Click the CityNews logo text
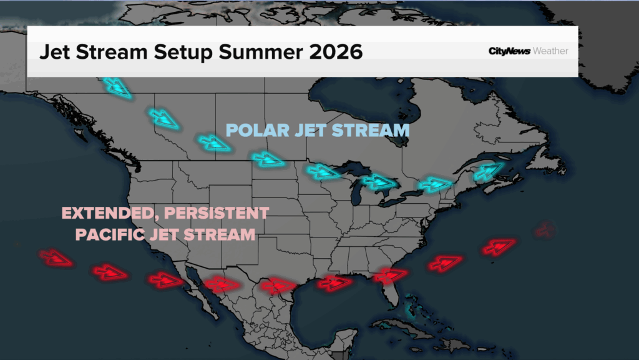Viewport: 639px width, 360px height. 509,51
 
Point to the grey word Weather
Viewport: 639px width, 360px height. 550,51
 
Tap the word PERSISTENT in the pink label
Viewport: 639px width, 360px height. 217,213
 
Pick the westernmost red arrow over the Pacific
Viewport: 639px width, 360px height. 56,258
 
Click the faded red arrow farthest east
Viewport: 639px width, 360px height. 545,230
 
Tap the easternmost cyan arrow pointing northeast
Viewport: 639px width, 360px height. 488,171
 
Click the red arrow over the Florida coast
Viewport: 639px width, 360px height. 391,276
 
